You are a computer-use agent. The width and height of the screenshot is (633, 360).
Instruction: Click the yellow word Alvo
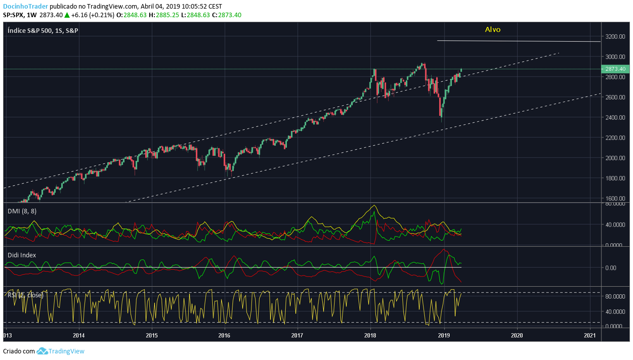click(492, 29)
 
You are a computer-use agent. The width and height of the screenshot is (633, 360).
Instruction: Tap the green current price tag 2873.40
click(615, 69)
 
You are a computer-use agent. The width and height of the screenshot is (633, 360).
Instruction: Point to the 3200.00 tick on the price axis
click(615, 36)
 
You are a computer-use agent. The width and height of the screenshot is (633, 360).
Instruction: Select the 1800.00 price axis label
click(615, 178)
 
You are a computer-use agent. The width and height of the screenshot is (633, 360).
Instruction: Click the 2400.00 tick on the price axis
click(615, 117)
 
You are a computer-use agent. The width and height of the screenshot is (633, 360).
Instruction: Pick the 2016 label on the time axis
click(224, 335)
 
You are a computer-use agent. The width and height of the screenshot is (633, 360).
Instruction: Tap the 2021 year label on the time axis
click(590, 335)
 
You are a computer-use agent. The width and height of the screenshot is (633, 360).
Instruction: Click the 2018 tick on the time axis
click(370, 335)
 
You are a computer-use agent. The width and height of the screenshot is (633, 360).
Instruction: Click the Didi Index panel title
click(22, 255)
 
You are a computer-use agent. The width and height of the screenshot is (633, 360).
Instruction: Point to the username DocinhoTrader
click(25, 6)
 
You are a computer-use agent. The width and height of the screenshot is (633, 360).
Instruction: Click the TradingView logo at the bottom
click(61, 351)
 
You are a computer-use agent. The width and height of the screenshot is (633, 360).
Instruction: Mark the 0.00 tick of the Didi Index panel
click(611, 267)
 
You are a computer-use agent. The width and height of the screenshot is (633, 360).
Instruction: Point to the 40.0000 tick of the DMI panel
click(614, 224)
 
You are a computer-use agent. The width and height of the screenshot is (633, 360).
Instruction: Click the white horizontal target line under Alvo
click(519, 41)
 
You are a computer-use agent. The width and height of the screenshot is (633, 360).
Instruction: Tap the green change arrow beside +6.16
click(67, 15)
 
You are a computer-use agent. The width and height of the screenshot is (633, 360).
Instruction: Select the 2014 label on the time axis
click(78, 335)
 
